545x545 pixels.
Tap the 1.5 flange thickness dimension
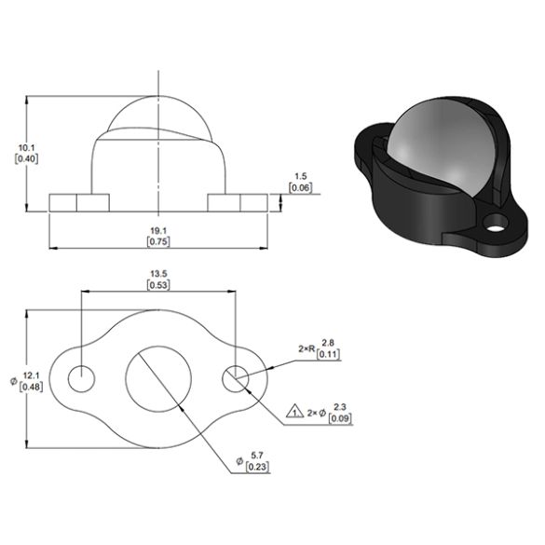pyautogui.click(x=300, y=176)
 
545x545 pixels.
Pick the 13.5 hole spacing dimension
pyautogui.click(x=158, y=274)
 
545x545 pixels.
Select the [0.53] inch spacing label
pyautogui.click(x=158, y=285)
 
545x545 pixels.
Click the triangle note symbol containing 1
pyautogui.click(x=294, y=412)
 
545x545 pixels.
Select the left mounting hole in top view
pyautogui.click(x=82, y=378)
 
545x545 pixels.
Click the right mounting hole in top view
pyautogui.click(x=236, y=378)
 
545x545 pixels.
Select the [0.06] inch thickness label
pyautogui.click(x=300, y=188)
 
